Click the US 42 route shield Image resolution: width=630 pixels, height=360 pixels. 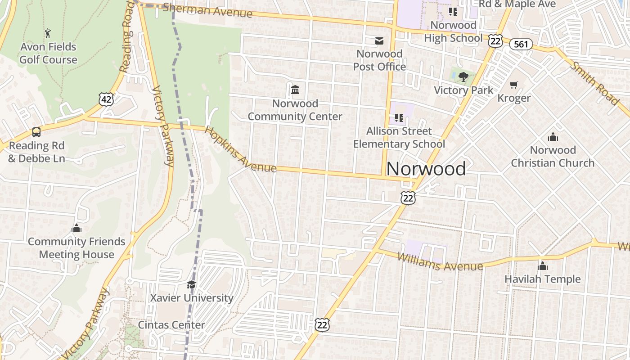106,99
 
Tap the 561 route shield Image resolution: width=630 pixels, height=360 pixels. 521,44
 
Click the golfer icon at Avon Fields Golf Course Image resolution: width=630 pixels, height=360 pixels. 48,33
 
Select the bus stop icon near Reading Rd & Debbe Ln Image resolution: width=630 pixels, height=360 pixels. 36,132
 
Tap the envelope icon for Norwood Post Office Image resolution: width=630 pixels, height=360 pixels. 379,41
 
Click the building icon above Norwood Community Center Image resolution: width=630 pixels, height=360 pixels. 295,90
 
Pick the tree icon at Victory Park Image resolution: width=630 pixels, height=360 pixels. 463,77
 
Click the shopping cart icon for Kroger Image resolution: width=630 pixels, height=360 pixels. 514,85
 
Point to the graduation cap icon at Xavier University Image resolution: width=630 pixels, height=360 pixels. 191,285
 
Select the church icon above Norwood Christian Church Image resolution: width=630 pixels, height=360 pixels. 553,137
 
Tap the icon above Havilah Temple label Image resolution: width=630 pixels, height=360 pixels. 542,266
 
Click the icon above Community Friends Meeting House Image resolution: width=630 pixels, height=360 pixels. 76,228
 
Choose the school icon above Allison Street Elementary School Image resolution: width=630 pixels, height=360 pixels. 399,118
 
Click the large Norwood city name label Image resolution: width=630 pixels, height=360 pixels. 426,169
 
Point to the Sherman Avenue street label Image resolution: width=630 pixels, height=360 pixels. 207,10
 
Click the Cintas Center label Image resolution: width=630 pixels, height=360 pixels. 171,325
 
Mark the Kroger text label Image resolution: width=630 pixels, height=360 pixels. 514,98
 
